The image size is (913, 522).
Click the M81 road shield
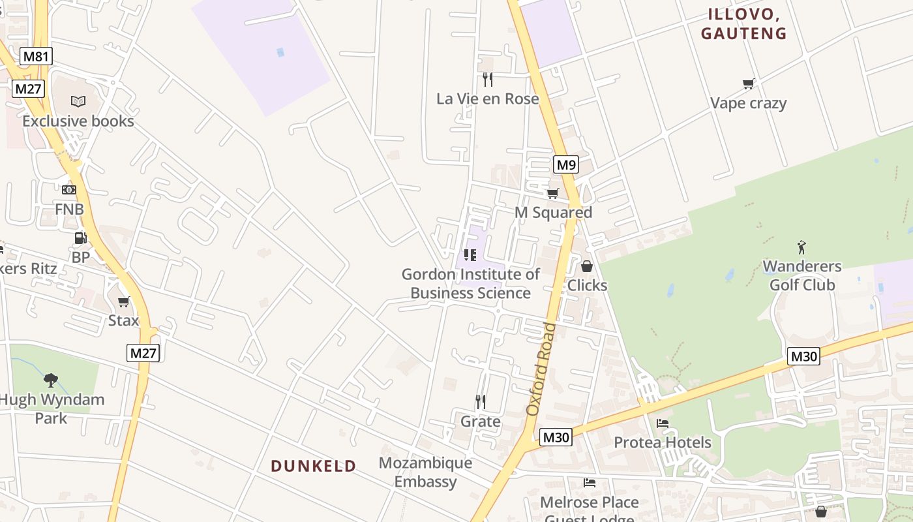point(36,56)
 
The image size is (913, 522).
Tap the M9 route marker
point(565,165)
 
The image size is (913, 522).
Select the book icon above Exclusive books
point(78,101)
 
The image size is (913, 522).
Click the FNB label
point(69,209)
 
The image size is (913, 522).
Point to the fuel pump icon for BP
point(81,239)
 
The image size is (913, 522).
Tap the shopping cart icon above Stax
point(123,301)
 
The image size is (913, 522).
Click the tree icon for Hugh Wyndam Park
point(51,380)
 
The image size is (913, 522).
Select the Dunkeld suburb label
point(314,466)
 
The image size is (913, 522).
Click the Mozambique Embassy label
point(425,472)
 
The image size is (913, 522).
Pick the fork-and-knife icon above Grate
point(481,401)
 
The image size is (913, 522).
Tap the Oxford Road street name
point(542,369)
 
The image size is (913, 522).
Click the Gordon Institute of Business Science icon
point(470,254)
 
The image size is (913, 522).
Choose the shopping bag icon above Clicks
point(587,266)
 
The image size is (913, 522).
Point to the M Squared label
point(553,213)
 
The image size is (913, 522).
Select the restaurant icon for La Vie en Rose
point(488,80)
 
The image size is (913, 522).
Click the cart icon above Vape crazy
point(748,84)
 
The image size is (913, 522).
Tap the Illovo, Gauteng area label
point(743,24)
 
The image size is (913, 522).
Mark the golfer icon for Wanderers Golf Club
point(801,247)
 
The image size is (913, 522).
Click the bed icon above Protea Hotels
point(663,423)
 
